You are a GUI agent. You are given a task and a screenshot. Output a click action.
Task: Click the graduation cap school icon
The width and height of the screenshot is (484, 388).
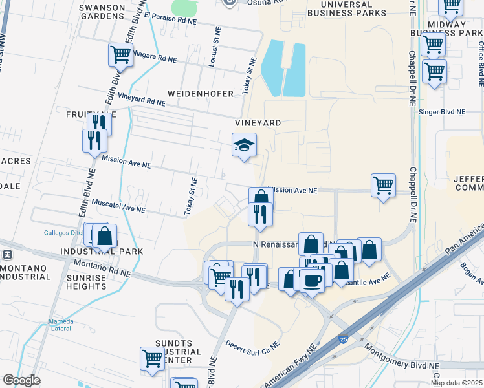click(245, 145)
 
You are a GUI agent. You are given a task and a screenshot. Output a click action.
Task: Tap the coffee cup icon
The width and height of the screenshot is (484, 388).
click(312, 280)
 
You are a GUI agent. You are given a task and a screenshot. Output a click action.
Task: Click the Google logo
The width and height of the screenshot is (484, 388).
click(21, 380)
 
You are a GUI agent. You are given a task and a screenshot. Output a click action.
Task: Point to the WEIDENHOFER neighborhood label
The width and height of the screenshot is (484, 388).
click(200, 94)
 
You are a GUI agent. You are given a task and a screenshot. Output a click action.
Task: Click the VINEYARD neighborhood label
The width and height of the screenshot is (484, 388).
click(258, 122)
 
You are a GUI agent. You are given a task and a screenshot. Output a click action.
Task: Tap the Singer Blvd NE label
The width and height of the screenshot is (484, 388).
click(443, 111)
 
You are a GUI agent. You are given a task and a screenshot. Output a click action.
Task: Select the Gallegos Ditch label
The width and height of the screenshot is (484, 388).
click(64, 232)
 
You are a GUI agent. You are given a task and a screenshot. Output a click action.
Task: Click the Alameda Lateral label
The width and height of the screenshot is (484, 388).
click(60, 325)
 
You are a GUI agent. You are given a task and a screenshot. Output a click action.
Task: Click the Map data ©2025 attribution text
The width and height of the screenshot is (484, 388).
click(457, 383)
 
